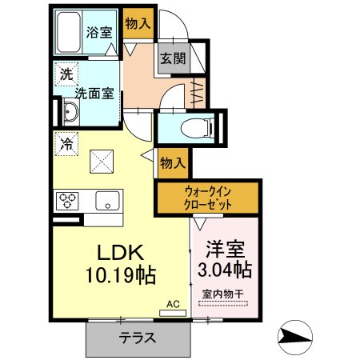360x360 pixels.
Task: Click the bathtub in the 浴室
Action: tap(69, 32)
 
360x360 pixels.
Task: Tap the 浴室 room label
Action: tap(99, 32)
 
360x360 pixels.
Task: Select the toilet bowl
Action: tap(197, 128)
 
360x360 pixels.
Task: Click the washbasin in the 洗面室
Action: tap(71, 112)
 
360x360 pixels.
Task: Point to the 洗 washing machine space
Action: tap(66, 74)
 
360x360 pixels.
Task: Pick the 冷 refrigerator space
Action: tap(66, 144)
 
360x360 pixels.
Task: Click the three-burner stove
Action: tap(67, 201)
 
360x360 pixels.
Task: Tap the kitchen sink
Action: tap(107, 201)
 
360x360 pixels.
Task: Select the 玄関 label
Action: tap(173, 58)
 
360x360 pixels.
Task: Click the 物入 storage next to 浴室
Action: tap(138, 23)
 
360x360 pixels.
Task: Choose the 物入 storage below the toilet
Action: tap(173, 163)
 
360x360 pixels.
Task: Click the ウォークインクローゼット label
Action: tap(208, 198)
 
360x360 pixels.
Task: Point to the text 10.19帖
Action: tap(121, 275)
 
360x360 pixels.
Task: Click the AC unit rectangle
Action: tap(173, 313)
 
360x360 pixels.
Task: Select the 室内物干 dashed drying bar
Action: tap(223, 303)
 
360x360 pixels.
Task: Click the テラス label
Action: tap(138, 338)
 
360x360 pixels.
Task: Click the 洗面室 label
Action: tap(94, 94)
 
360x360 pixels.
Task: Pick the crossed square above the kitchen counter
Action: tap(102, 162)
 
